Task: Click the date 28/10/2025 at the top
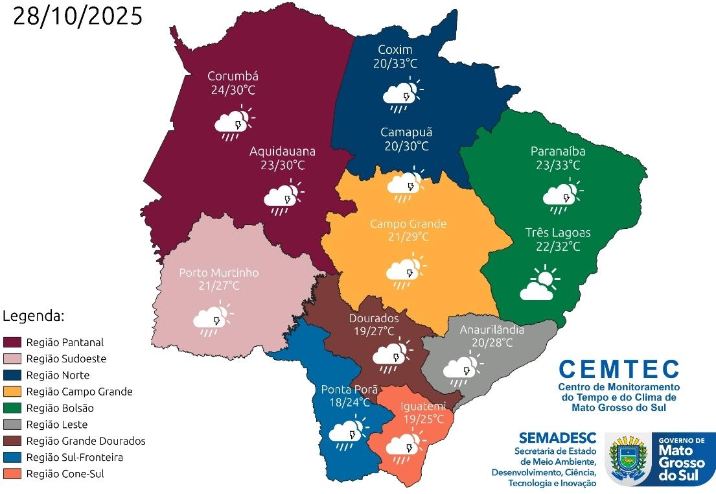78,16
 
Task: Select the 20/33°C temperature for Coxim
395,64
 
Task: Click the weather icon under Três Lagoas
540,284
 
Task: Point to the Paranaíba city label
558,151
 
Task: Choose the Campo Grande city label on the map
408,224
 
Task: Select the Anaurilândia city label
492,329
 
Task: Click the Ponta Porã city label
345,390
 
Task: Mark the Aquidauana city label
283,151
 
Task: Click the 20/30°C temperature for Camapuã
406,146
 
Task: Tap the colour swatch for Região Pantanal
12,342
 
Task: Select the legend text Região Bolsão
60,408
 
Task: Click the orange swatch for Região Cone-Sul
12,474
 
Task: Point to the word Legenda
34,316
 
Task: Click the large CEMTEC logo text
619,370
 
